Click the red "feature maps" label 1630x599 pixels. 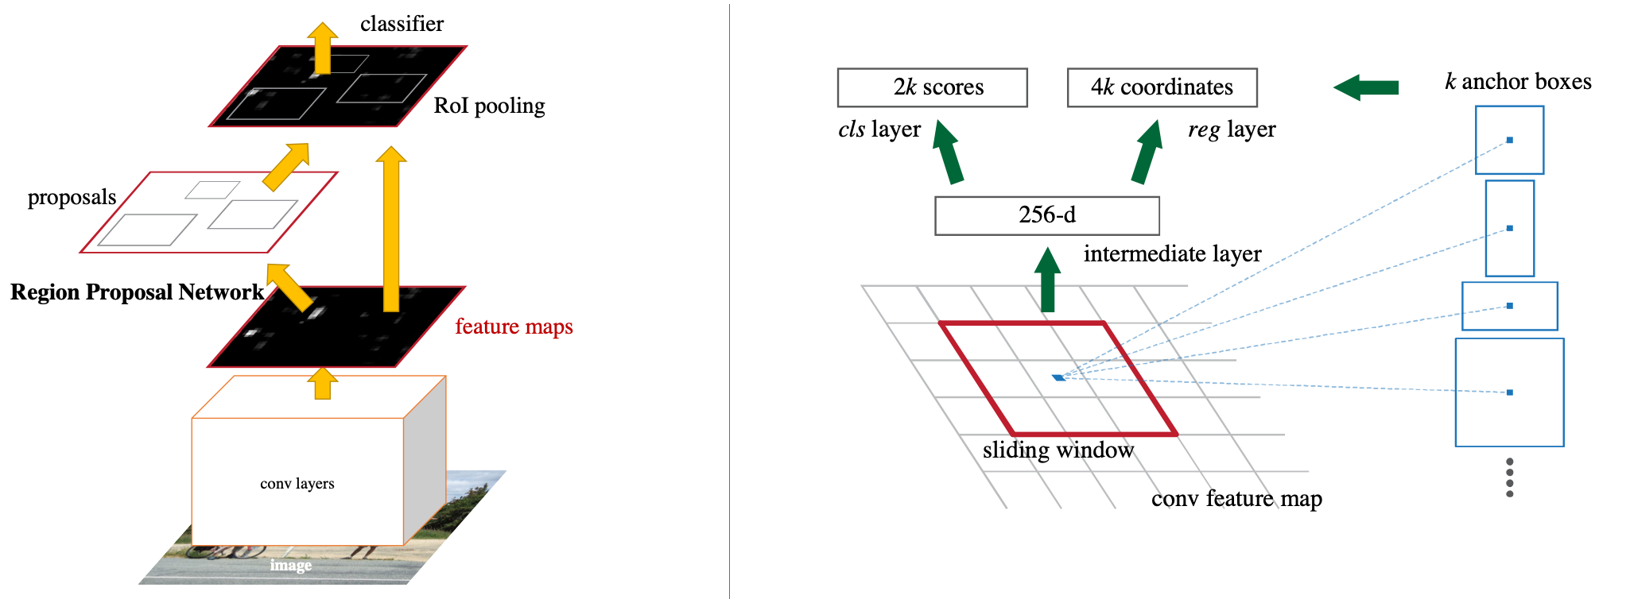pos(514,327)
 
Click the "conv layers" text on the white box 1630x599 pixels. pos(297,484)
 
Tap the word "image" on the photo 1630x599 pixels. pos(290,565)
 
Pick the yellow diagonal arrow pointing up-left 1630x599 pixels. pos(288,286)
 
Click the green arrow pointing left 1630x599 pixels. pos(1365,87)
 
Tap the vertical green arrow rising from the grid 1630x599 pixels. pos(1048,279)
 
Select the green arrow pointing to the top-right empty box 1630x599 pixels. pos(1147,152)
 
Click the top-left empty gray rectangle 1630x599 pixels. pos(932,87)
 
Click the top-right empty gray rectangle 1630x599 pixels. pos(1162,87)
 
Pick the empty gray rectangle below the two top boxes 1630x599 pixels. pos(1047,215)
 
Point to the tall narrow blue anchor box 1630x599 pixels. pos(1509,228)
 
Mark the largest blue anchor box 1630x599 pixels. pos(1509,392)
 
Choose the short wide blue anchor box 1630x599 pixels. pos(1509,306)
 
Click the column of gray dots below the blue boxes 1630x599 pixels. pos(1509,477)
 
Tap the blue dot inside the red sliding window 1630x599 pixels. pos(1058,377)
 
